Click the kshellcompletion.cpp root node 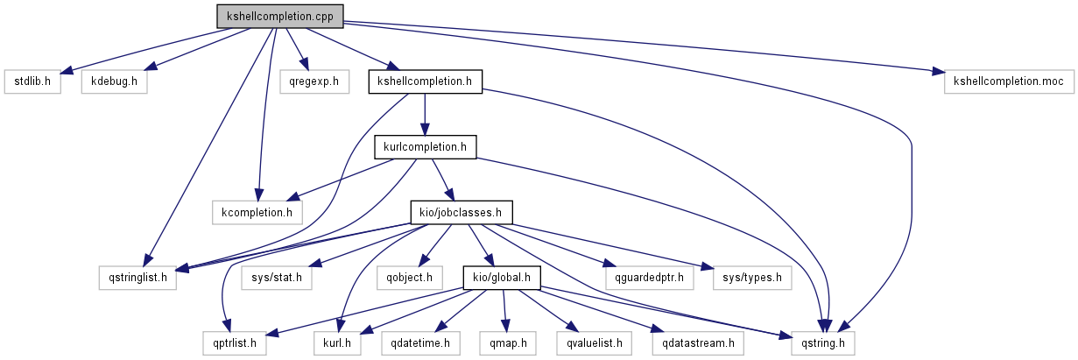pos(279,15)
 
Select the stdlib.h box pos(32,81)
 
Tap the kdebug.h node pos(114,81)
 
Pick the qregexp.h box pos(314,81)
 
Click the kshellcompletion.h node pos(425,81)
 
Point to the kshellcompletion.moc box pos(1009,81)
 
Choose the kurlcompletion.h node pos(425,147)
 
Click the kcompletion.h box pos(257,212)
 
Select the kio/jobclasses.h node pos(461,212)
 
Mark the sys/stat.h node pos(276,278)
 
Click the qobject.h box pos(416,278)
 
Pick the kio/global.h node pos(502,278)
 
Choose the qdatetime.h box pos(416,342)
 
